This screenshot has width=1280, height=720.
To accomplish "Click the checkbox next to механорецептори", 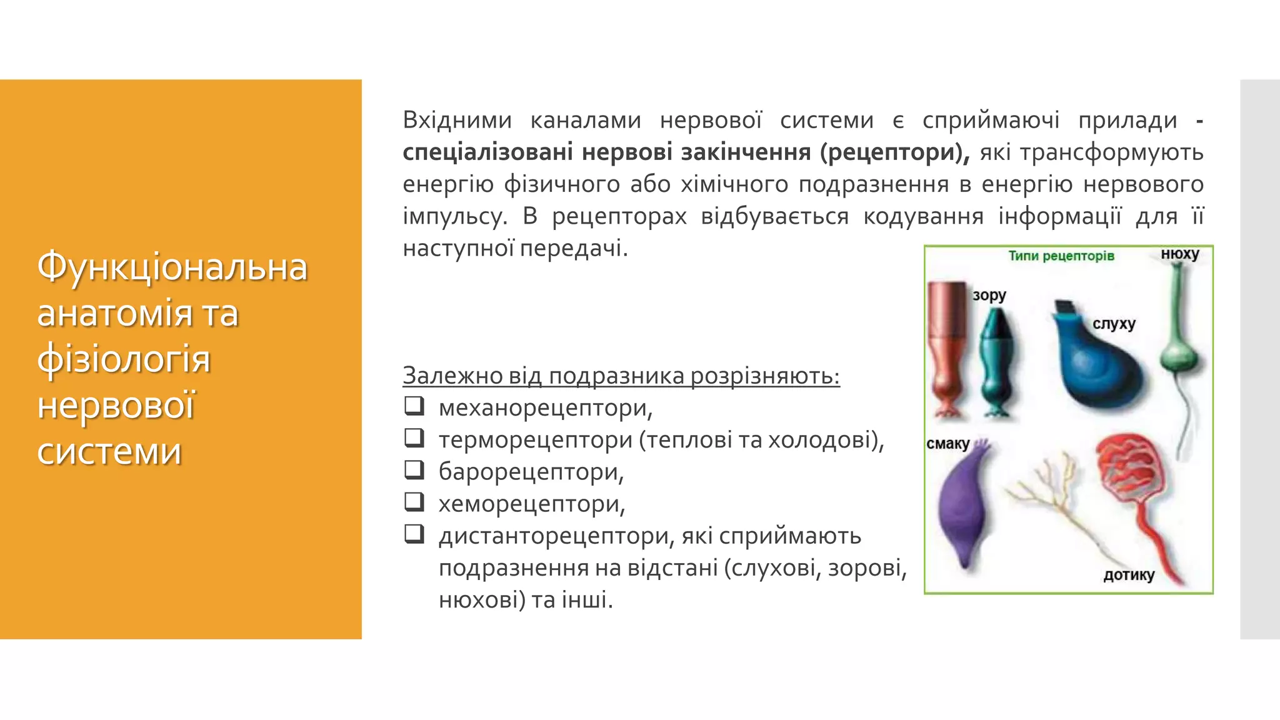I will pyautogui.click(x=414, y=406).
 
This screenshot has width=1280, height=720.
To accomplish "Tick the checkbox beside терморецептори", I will pyautogui.click(x=414, y=438).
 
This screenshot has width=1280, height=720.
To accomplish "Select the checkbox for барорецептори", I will pyautogui.click(x=414, y=470).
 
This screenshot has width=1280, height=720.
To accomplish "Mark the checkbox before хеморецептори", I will pyautogui.click(x=414, y=502).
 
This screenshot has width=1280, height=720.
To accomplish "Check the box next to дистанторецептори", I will pyautogui.click(x=414, y=534).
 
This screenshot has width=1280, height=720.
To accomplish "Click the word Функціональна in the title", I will pyautogui.click(x=172, y=267).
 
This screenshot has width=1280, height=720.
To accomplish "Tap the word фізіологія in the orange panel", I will pyautogui.click(x=124, y=359).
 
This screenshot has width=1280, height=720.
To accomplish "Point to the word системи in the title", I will pyautogui.click(x=109, y=451).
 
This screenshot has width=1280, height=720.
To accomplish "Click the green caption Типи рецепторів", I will pyautogui.click(x=1061, y=256).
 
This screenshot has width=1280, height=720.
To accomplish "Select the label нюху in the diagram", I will pyautogui.click(x=1179, y=254).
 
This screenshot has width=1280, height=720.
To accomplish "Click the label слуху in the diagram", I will pyautogui.click(x=1114, y=324).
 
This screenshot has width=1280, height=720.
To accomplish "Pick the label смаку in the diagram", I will pyautogui.click(x=947, y=444).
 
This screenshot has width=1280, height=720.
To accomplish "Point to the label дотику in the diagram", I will pyautogui.click(x=1129, y=575).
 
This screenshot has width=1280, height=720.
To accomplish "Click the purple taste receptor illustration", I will pyautogui.click(x=966, y=506).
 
